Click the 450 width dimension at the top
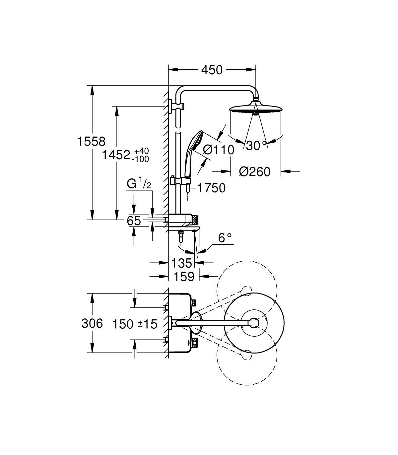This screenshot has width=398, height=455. point(212,70)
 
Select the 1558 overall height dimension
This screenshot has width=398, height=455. point(92,141)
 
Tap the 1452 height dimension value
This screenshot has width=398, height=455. point(116,155)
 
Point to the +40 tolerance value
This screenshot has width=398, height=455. point(142,151)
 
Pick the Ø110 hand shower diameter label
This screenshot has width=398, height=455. point(219,150)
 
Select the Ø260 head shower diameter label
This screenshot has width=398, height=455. point(255,172)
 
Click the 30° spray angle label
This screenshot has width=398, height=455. point(256,146)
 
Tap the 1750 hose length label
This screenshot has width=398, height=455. point(212,188)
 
